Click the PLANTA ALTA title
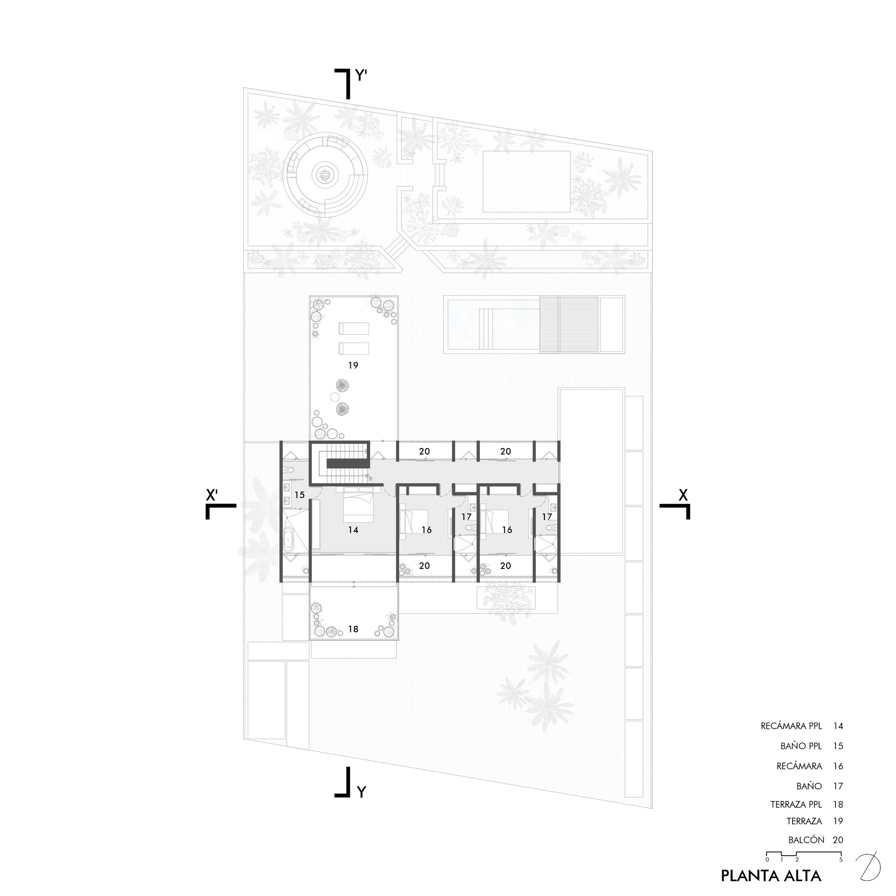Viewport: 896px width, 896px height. (771, 875)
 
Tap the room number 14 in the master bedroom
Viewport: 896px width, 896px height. (353, 530)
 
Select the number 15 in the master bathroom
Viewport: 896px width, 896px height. (300, 495)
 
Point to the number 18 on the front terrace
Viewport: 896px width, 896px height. (353, 629)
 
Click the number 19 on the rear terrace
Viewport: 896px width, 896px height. (353, 366)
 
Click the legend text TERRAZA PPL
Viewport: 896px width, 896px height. (796, 805)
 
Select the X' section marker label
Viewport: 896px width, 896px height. (212, 495)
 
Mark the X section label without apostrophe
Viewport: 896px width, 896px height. (683, 495)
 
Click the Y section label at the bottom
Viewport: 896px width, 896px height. (362, 792)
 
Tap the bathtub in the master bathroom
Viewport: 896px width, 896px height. (289, 540)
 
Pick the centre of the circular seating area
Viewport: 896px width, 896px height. (323, 175)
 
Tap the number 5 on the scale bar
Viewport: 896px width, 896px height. (841, 859)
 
